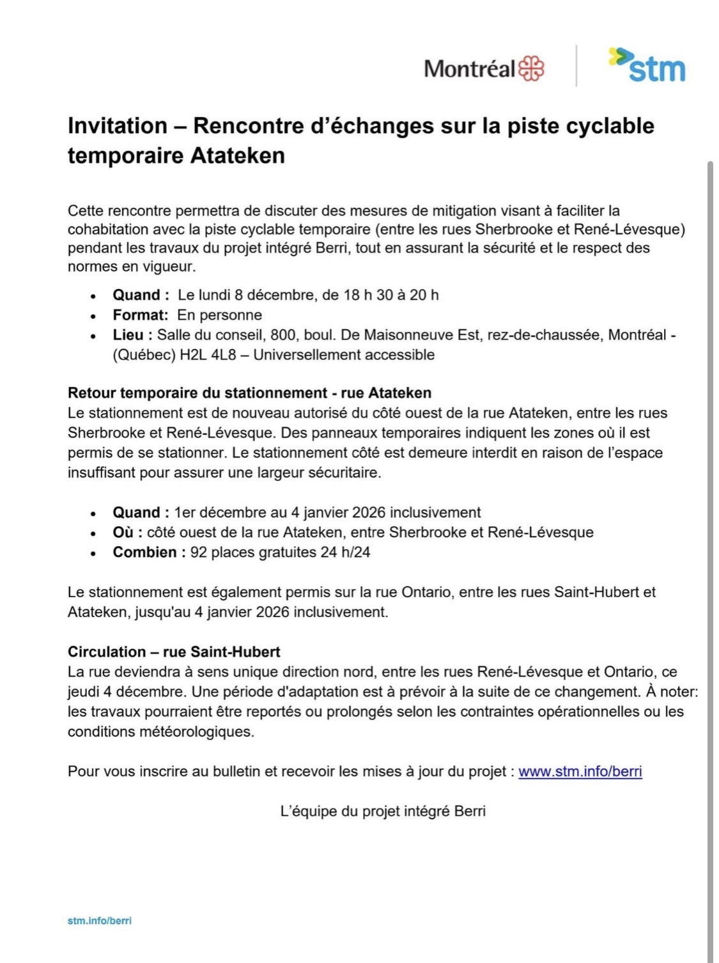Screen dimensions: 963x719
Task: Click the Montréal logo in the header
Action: [484, 68]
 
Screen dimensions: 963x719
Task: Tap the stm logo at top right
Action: [647, 66]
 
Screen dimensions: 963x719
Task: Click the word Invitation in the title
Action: [117, 126]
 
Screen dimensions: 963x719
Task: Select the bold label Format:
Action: [141, 315]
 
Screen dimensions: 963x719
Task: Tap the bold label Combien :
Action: [149, 552]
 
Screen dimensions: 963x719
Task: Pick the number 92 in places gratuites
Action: [199, 552]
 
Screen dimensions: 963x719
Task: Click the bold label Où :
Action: [128, 533]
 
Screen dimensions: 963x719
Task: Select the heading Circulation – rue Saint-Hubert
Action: [174, 652]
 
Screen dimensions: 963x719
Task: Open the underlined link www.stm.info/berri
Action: [580, 772]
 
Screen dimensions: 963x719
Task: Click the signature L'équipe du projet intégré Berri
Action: [383, 811]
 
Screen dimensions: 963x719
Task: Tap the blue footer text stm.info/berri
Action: [100, 921]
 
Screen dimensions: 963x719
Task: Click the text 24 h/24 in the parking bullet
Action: [345, 552]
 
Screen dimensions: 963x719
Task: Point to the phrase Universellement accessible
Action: [344, 355]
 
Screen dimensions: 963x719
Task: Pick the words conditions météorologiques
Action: [160, 732]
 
